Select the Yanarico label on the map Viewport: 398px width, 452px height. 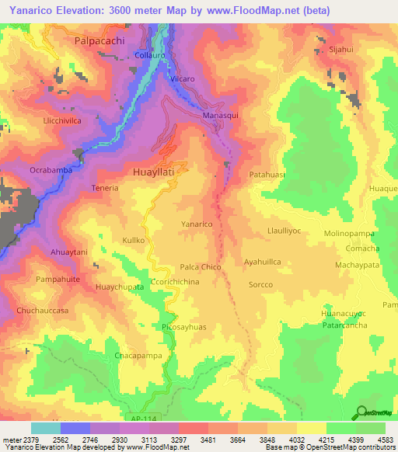tap(197, 224)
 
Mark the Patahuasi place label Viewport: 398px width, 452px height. tap(267, 175)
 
